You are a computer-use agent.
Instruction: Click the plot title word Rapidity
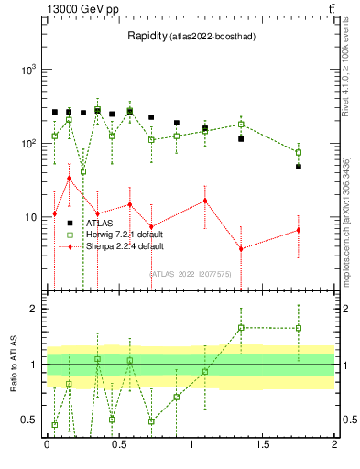[x=147, y=37]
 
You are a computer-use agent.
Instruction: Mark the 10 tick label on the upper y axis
[x=28, y=217]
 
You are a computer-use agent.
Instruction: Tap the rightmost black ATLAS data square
[x=299, y=167]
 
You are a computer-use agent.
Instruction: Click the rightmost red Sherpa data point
[x=299, y=230]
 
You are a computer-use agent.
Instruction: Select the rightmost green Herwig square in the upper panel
[x=299, y=152]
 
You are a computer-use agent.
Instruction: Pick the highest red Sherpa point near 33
[x=69, y=179]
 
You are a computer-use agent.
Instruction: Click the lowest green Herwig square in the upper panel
[x=83, y=171]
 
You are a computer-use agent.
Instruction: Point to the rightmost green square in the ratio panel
[x=299, y=328]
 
